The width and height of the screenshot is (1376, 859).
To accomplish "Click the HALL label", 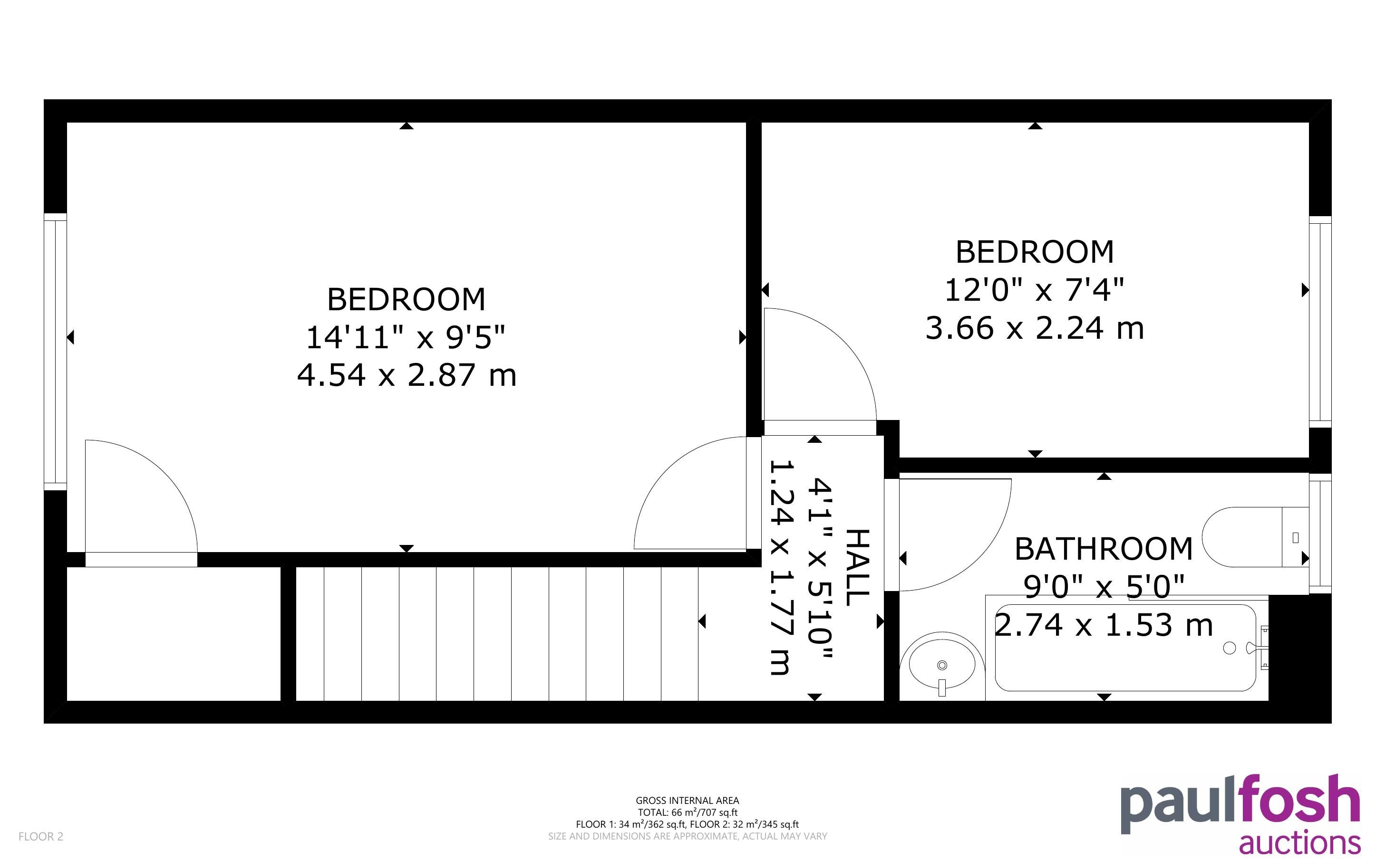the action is point(858,567).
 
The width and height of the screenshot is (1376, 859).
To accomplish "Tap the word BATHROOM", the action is point(1104,549).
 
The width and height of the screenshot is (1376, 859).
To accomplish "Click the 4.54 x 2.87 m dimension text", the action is point(407,375).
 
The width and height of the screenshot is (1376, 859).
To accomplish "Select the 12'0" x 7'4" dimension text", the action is point(1035,290).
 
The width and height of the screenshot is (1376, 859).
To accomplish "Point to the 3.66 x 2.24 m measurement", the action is point(1035,328).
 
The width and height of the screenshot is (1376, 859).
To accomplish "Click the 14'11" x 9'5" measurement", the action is point(406,337).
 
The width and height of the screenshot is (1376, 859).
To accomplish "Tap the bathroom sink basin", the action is point(942,664).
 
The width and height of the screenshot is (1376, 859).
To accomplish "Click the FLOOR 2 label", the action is point(41,836).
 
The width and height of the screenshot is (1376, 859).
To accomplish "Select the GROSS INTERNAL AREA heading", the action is point(687,801).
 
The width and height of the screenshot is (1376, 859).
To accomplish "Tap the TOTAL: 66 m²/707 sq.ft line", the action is point(687,812).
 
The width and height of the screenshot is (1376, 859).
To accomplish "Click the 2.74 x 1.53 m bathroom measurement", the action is point(1104,625).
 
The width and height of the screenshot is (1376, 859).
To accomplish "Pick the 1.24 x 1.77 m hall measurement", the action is point(781,567).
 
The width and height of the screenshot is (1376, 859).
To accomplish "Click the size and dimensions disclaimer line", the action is point(687,836).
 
